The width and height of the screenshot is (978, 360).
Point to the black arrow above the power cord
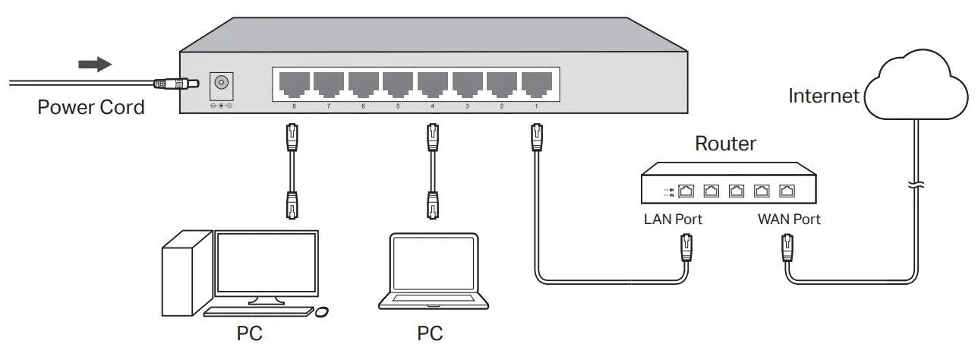point(96,65)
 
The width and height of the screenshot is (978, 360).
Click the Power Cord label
point(90,107)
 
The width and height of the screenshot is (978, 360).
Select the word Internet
point(824,96)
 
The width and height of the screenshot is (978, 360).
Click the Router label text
point(726,144)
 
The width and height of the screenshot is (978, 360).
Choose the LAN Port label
point(673,219)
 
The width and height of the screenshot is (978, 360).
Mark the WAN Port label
point(789,219)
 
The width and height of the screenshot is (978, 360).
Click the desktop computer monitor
point(266,265)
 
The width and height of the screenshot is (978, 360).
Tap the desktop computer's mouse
point(321,311)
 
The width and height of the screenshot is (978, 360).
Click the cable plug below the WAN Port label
point(787,248)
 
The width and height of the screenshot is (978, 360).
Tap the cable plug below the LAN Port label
point(686,248)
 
